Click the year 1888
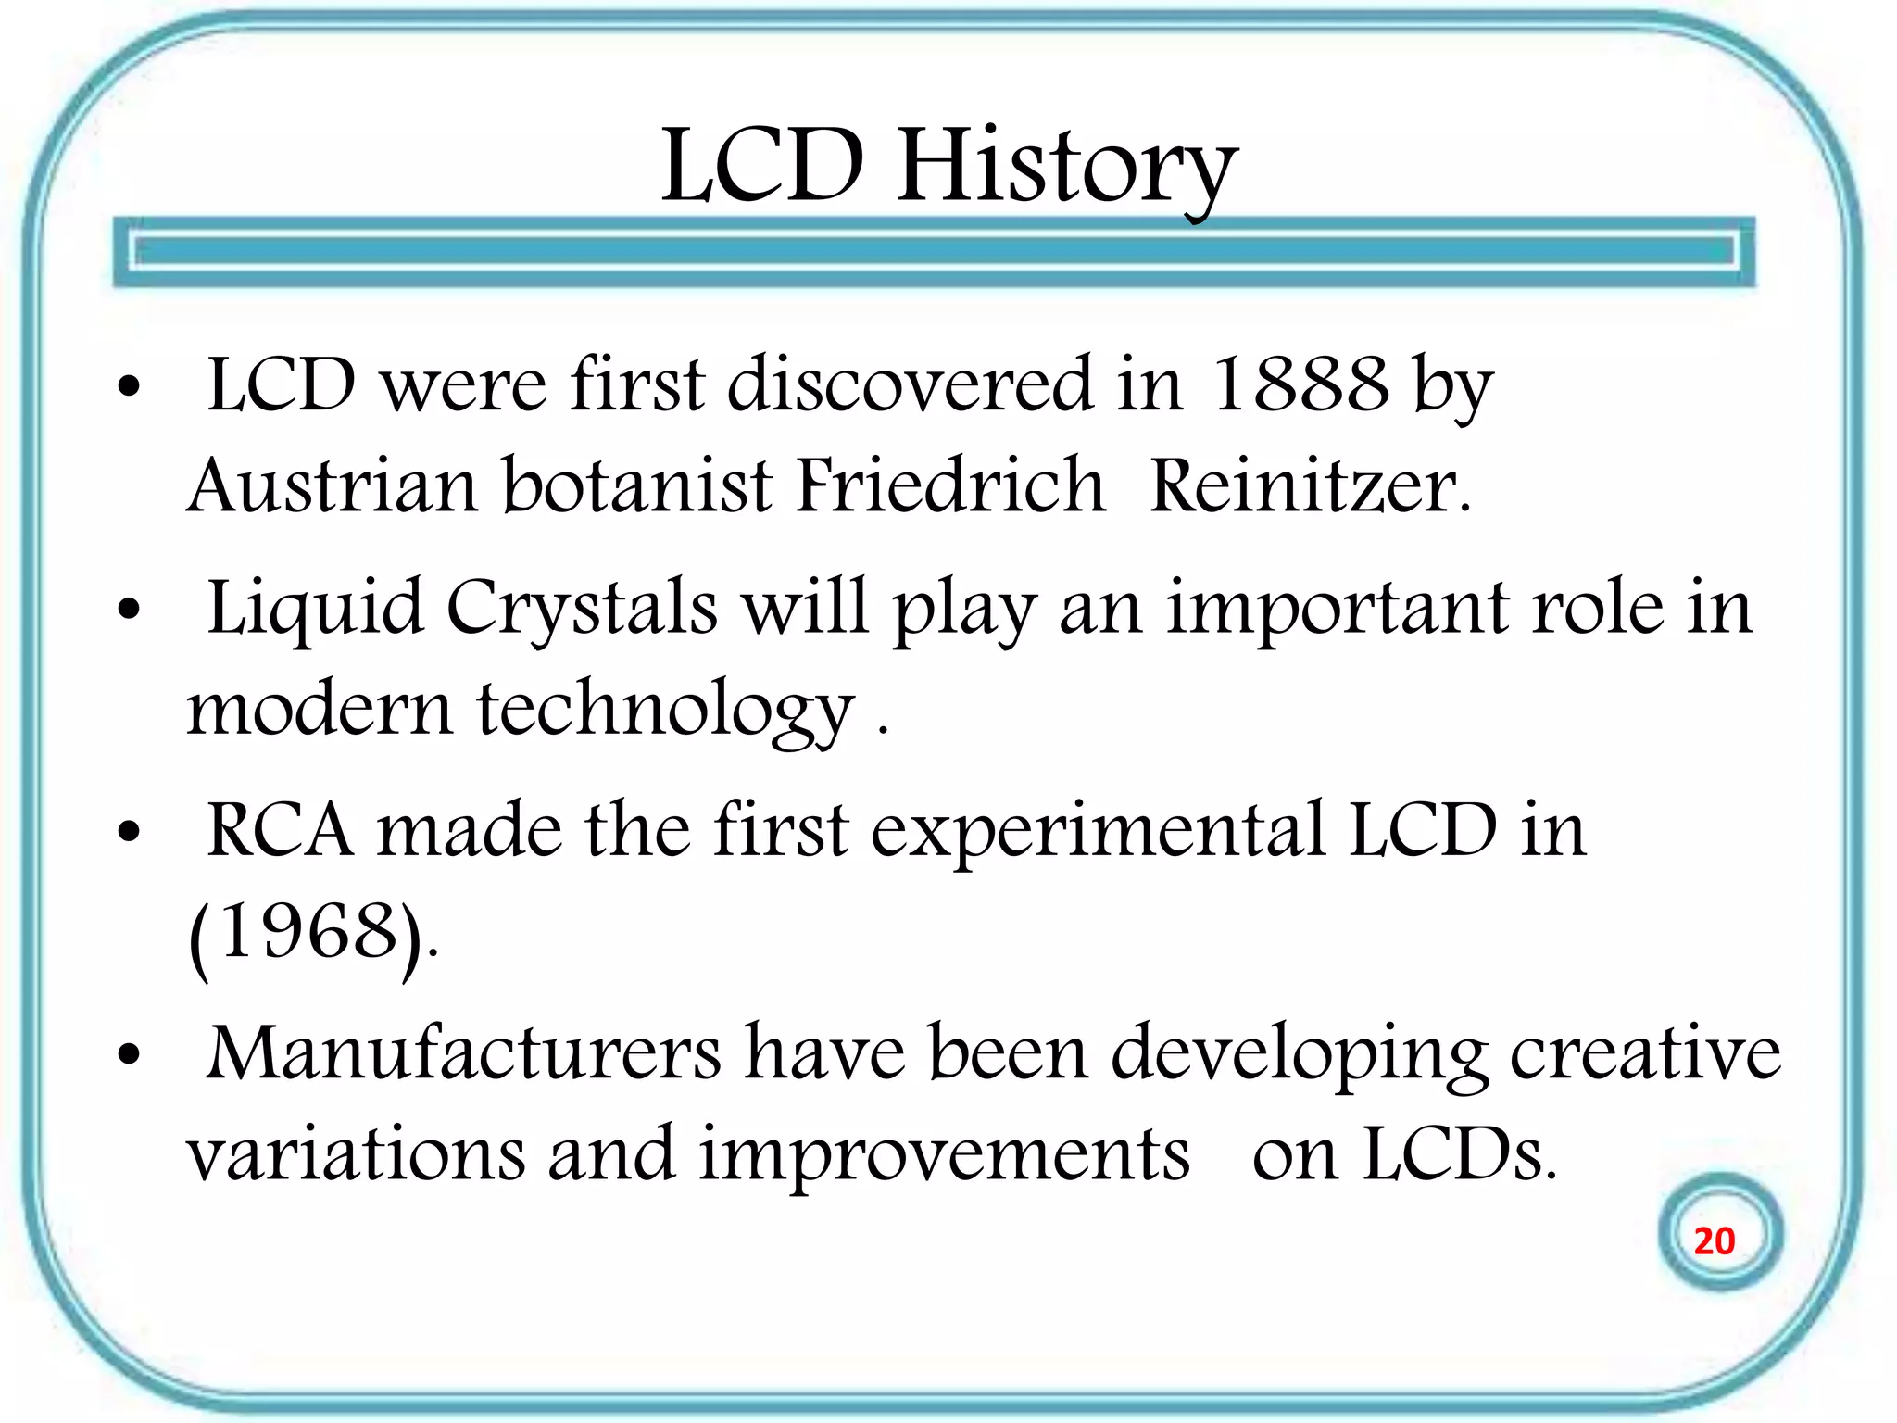point(1300,384)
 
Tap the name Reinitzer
point(1308,485)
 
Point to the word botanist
point(637,485)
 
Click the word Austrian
point(332,485)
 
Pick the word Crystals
point(582,608)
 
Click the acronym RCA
point(279,829)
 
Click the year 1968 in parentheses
point(309,933)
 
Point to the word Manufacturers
point(463,1053)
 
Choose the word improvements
point(943,1155)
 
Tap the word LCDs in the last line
point(1458,1155)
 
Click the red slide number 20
point(1714,1241)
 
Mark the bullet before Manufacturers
point(129,1055)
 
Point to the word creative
point(1645,1053)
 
